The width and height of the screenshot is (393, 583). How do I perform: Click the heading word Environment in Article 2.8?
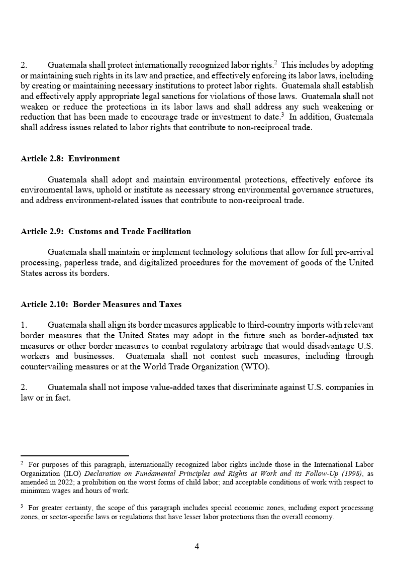(94, 159)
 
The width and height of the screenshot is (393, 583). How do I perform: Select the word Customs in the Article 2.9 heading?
(84, 232)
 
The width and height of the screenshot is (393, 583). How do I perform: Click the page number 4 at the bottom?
(197, 547)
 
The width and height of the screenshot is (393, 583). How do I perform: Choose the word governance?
(310, 190)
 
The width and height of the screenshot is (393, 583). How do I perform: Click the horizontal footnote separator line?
(74, 456)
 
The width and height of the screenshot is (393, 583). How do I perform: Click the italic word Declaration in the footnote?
(103, 473)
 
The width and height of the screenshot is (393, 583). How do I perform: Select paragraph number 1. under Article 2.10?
(24, 325)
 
